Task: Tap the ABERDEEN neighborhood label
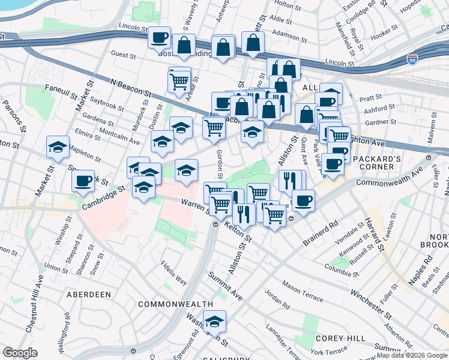coord(89,295)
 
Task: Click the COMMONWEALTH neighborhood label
coord(175,304)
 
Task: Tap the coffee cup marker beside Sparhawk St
coord(83,181)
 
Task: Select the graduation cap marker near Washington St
coord(214,323)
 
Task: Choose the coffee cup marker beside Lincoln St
coord(160,38)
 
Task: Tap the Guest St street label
coord(124,55)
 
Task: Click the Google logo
coord(20,353)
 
